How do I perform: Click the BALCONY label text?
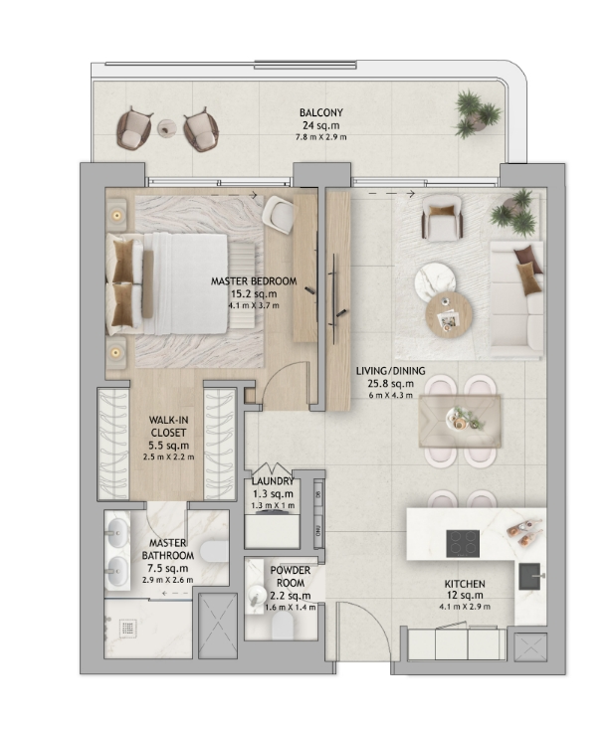coord(321,112)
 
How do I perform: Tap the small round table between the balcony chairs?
coord(166,127)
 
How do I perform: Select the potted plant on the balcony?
coord(478,113)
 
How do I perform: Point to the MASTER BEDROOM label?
coord(254,281)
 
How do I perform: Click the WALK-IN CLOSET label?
coord(168,427)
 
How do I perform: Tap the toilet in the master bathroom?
coord(216,551)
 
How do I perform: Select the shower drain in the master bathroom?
coord(128,628)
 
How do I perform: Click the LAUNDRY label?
coord(273,481)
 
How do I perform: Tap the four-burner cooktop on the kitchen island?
coord(463,543)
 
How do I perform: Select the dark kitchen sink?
coord(530,576)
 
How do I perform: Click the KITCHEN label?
coord(465,584)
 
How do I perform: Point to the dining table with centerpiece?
coord(460,421)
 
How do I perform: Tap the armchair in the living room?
coord(441,216)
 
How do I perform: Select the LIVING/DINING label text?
coord(390,371)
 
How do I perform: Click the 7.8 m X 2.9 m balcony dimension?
coord(320,137)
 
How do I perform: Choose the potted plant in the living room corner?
coord(514,212)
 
